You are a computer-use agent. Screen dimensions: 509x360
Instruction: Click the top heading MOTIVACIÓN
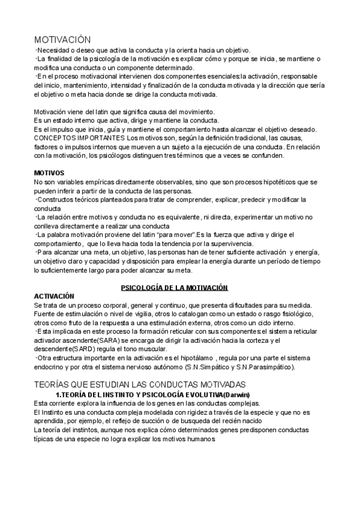pos(63,40)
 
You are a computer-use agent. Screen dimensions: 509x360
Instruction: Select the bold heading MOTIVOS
pos(49,173)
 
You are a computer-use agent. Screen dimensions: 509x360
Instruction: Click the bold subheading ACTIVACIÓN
pos(54,296)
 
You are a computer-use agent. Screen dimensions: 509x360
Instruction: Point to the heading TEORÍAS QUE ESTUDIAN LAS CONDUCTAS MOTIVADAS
pos(140,384)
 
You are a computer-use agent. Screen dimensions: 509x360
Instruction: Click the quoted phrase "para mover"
pos(181,235)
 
